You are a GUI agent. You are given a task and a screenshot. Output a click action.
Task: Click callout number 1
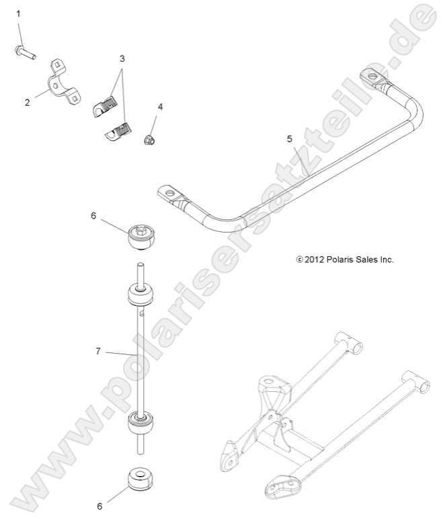18,13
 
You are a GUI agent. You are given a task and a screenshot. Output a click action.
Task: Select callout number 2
28,102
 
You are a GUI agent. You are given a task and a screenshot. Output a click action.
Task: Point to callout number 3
122,58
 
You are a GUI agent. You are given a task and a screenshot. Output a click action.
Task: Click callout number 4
160,107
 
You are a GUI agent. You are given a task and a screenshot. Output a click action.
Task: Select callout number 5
290,138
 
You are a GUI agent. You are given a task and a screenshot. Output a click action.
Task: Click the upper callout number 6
93,216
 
